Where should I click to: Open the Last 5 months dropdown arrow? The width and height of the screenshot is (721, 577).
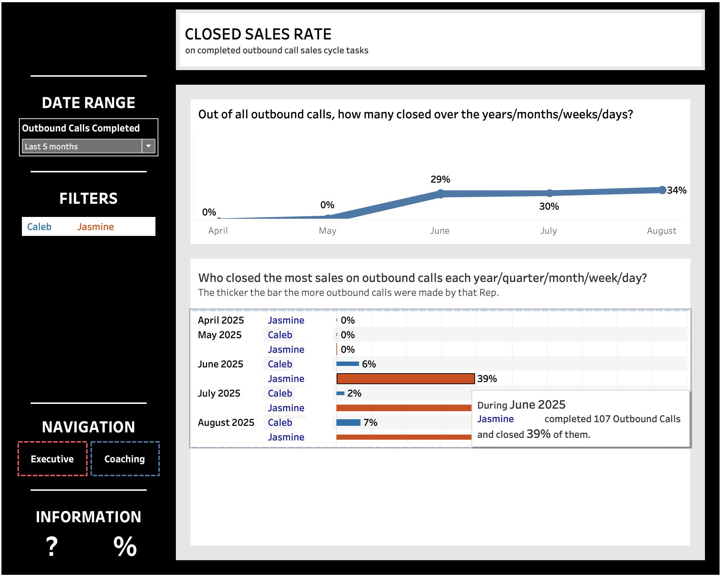pos(149,146)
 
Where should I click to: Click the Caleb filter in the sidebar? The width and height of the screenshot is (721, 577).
pos(39,227)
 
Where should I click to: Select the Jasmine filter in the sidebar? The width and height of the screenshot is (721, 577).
pos(96,227)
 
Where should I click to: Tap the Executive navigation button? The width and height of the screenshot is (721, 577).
pos(52,459)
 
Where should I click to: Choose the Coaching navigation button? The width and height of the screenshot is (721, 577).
pos(125,459)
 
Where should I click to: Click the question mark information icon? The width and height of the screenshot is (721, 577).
pos(52,546)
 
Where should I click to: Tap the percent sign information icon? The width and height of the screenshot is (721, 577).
pos(125,546)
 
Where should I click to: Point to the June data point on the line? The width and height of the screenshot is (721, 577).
pos(441,194)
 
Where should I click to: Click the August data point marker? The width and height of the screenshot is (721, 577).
pos(663,190)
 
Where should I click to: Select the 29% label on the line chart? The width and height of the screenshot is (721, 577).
pos(440,179)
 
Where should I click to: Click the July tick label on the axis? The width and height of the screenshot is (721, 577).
pos(548,231)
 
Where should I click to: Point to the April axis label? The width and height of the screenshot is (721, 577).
pos(218,231)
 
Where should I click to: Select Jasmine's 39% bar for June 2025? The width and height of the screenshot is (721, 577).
pos(405,379)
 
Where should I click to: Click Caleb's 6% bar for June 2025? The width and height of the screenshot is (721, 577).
pos(347,364)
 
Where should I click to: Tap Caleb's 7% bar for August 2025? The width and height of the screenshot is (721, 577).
pos(348,423)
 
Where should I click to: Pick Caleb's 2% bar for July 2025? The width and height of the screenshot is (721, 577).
pos(340,393)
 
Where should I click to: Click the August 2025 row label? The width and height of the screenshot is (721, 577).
pos(226,423)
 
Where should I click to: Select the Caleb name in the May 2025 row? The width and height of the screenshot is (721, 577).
pos(280,335)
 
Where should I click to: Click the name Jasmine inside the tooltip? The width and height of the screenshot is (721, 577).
pos(495,419)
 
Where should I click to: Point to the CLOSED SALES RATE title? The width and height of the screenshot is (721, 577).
pos(258,34)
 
